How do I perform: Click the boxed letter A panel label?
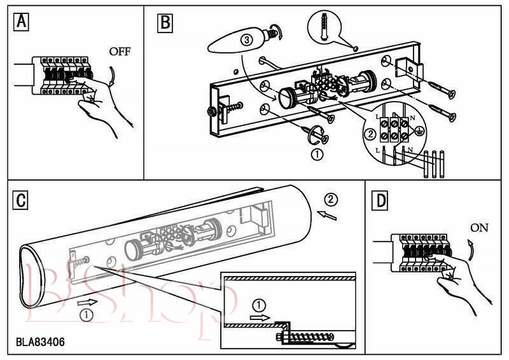pyautogui.click(x=22, y=22)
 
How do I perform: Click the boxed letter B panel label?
pyautogui.click(x=164, y=23)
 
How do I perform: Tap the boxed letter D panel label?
pyautogui.click(x=380, y=200)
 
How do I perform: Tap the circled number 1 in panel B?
pyautogui.click(x=316, y=153)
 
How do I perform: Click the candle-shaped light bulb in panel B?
pyautogui.click(x=235, y=42)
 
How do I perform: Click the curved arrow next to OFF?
pyautogui.click(x=112, y=77)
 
